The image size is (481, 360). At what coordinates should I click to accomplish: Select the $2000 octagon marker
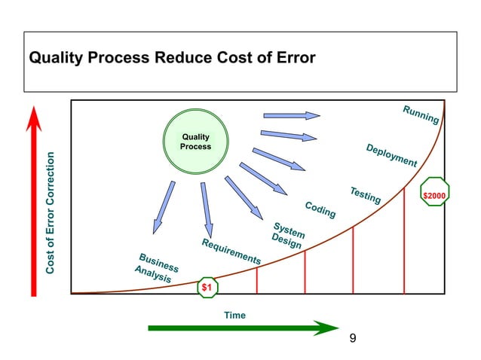[434, 196]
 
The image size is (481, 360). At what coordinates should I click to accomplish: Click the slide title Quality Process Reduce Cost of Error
[171, 58]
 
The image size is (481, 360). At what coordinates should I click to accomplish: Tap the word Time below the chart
[234, 315]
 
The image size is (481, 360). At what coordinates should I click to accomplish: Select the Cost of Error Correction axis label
[50, 213]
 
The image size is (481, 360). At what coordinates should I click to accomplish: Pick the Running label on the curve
[421, 114]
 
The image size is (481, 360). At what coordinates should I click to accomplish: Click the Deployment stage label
[391, 154]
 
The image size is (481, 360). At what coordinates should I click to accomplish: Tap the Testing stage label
[365, 194]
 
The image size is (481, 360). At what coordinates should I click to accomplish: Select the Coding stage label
[320, 210]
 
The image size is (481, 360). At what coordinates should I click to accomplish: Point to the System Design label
[287, 236]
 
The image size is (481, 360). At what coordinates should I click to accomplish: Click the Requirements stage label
[231, 252]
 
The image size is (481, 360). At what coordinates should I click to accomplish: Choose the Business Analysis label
[157, 267]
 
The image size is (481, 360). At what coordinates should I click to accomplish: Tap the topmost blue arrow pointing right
[292, 116]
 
